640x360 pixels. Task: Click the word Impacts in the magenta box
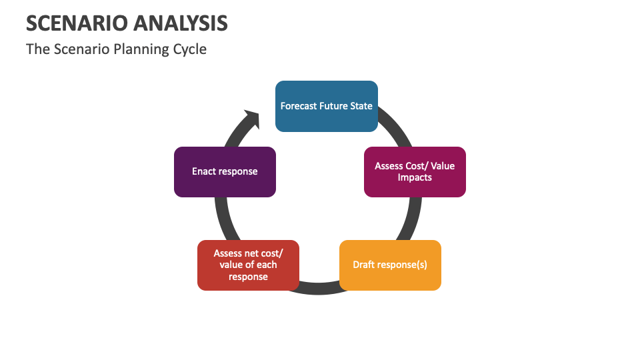tap(415, 177)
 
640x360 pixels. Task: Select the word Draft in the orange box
tap(364, 265)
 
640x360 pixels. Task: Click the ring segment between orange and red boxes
tap(319, 289)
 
